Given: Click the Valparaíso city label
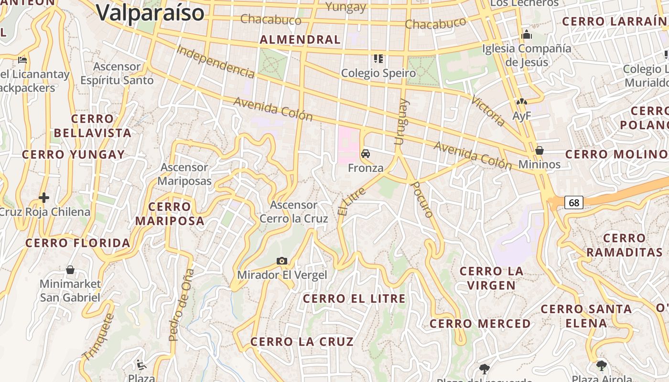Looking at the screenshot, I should pyautogui.click(x=150, y=12).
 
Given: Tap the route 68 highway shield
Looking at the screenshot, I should pyautogui.click(x=574, y=202).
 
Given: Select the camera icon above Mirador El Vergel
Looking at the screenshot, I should pyautogui.click(x=282, y=261).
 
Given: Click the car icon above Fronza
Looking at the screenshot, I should pyautogui.click(x=366, y=154).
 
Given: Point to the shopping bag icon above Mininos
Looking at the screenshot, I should pyautogui.click(x=540, y=150).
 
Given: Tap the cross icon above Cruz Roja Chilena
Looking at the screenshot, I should pyautogui.click(x=44, y=197).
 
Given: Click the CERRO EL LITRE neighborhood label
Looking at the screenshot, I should pyautogui.click(x=354, y=299).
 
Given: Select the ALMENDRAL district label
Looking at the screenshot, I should pyautogui.click(x=300, y=40).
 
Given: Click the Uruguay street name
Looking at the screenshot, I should pyautogui.click(x=400, y=121).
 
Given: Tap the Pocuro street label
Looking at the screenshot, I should pyautogui.click(x=422, y=200).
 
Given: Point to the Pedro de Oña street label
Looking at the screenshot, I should pyautogui.click(x=182, y=305).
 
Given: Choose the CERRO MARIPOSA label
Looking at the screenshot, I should pyautogui.click(x=170, y=213).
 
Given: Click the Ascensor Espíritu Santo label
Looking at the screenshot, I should pyautogui.click(x=117, y=74).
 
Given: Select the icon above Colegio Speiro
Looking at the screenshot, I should pyautogui.click(x=378, y=59).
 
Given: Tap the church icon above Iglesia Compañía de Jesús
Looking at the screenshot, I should pyautogui.click(x=527, y=34).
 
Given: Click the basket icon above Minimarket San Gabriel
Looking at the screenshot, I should pyautogui.click(x=70, y=270).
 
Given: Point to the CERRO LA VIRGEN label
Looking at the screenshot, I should pyautogui.click(x=491, y=278).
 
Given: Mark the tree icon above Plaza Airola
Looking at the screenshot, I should pyautogui.click(x=601, y=366).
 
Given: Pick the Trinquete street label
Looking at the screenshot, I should pyautogui.click(x=98, y=337).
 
